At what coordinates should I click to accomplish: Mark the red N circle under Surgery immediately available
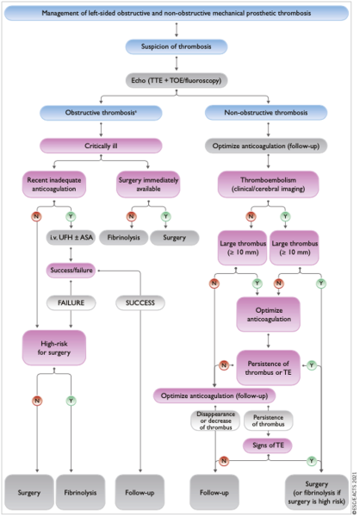(x=130, y=216)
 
